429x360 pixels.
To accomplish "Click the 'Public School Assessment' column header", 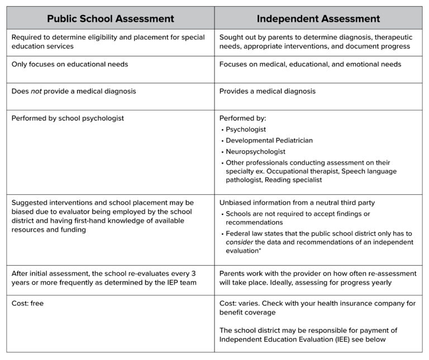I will coord(111,18).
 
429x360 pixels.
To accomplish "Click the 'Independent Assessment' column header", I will coord(318,18).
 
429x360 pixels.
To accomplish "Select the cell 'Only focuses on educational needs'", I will coord(70,64).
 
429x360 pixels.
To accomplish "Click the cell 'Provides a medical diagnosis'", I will coord(267,91).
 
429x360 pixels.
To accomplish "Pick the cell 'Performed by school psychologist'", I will coord(68,118).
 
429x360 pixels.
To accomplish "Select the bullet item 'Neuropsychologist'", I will coord(255,151).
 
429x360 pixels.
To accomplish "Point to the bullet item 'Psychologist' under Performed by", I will coord(246,129).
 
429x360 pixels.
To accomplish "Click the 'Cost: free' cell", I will coord(27,303).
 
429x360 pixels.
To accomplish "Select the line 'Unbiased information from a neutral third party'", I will coord(297,202).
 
